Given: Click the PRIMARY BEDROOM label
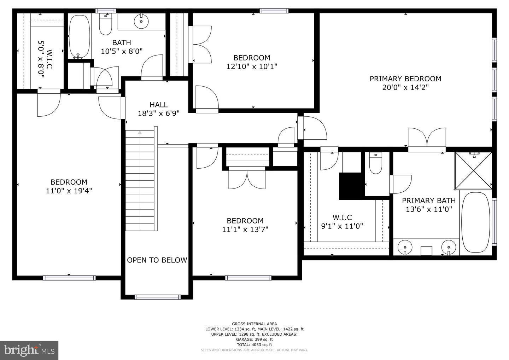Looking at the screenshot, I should (x=405, y=79).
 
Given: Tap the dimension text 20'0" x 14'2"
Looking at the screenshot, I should (x=405, y=87).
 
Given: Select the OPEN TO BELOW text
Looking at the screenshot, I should (x=157, y=260).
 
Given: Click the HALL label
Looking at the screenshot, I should (x=158, y=105).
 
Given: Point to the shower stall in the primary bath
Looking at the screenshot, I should (x=473, y=170).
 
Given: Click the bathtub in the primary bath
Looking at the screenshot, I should (x=476, y=222).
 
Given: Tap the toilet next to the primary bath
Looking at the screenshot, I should (x=375, y=163).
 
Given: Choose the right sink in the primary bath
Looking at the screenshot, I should (x=449, y=246).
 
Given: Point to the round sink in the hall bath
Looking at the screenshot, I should (x=141, y=22).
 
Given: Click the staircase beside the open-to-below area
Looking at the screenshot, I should (x=140, y=180).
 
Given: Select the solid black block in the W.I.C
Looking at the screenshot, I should (x=350, y=186).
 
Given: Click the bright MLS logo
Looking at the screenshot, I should (x=29, y=350).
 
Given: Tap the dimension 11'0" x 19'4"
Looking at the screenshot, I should (x=69, y=191).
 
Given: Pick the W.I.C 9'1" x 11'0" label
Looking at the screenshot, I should (x=342, y=222).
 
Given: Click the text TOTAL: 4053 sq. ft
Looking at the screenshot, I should (x=254, y=344).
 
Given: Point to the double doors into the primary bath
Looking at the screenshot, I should (x=427, y=139).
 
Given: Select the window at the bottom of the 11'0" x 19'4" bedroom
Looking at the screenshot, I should (x=69, y=278).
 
